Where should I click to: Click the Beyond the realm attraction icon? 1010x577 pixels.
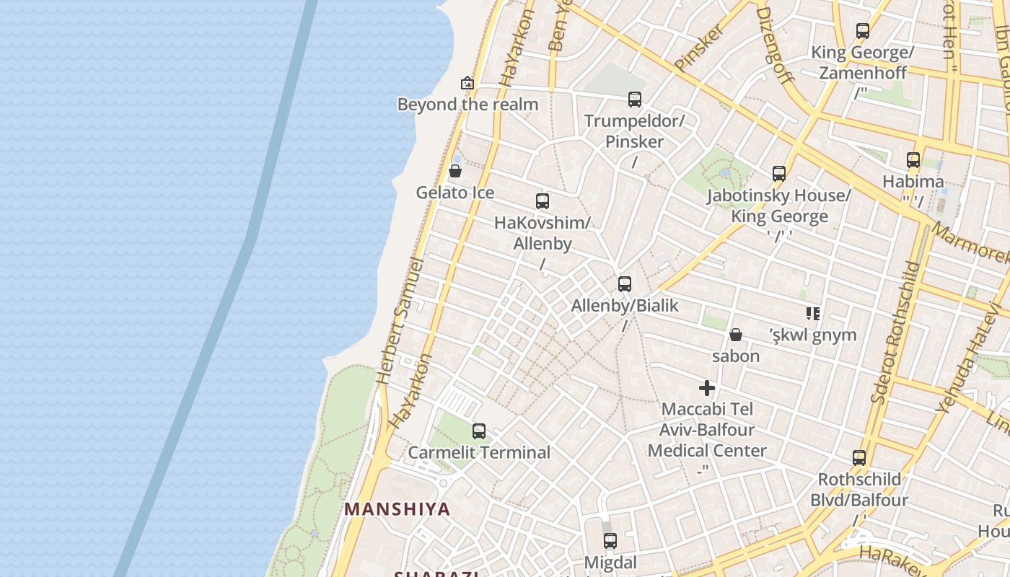(x=467, y=83)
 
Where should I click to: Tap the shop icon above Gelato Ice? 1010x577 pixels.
(x=455, y=171)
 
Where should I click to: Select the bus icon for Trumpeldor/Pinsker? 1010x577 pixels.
(x=635, y=100)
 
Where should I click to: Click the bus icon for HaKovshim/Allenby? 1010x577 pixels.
(x=543, y=201)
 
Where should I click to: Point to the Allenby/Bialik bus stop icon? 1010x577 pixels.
(x=625, y=284)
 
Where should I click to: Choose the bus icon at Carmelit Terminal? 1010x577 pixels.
(x=479, y=431)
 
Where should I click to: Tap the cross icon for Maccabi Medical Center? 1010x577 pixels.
(x=707, y=388)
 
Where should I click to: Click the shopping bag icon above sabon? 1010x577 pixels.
(x=736, y=335)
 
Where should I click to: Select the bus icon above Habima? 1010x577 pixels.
(x=913, y=160)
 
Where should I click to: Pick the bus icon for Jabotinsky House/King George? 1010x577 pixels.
(x=779, y=174)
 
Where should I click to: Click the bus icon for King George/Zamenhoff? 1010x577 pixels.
(x=863, y=31)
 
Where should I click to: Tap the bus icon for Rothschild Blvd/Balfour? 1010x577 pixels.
(x=859, y=457)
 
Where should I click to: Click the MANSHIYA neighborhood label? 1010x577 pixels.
(x=397, y=509)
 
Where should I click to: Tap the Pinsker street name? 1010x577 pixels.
(x=699, y=48)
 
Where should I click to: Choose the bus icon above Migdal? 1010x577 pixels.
(x=610, y=541)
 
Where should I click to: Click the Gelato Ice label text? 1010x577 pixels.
(x=455, y=193)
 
